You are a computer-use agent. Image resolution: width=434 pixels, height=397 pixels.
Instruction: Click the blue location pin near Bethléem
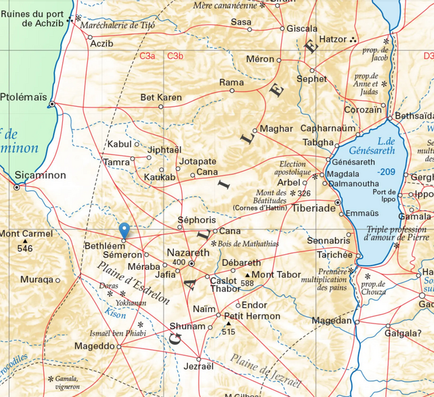pos(124,231)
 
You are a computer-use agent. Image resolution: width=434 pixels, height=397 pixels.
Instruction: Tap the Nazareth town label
pos(187,253)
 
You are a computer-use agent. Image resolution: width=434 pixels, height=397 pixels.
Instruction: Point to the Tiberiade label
pos(314,208)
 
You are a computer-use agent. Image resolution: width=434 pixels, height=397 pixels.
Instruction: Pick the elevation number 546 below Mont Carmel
pos(24,249)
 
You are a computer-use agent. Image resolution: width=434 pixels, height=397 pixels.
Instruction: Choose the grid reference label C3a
pos(147,56)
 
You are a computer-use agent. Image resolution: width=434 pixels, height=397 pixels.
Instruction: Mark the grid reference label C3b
pos(175,56)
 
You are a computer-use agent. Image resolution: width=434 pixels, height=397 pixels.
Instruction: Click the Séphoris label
pos(197,219)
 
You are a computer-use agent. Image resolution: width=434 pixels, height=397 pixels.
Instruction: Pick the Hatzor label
pos(333,39)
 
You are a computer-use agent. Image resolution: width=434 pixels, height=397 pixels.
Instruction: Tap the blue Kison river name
pos(114,315)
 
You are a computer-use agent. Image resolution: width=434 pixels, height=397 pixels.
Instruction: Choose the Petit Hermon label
pos(252,316)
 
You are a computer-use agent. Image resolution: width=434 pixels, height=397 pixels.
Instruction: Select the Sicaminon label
pos(40,176)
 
